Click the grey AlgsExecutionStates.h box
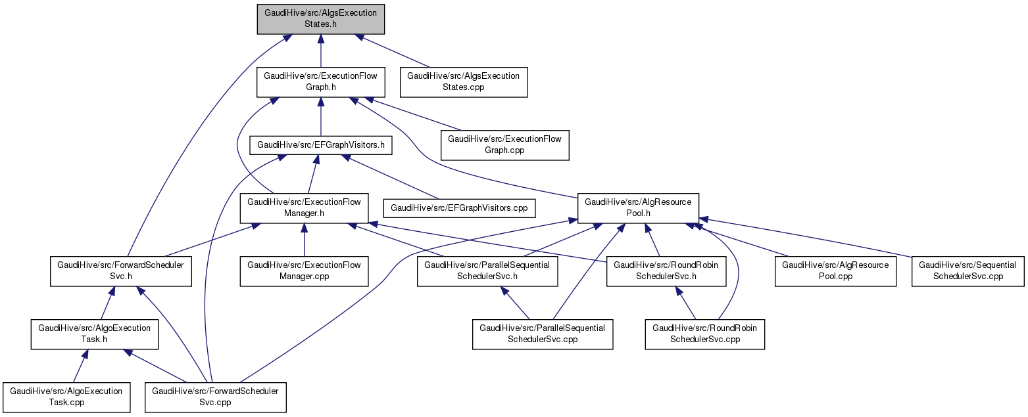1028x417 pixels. coord(320,19)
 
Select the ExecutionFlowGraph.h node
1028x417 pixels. coord(320,81)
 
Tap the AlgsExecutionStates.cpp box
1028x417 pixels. coord(464,81)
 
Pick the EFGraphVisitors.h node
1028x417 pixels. coord(320,144)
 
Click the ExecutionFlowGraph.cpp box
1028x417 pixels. coord(504,144)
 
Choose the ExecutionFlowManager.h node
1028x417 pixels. coord(304,208)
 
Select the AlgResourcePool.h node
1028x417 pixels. coord(638,208)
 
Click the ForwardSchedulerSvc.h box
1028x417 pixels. coord(121,271)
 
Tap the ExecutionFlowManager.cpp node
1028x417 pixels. coord(304,271)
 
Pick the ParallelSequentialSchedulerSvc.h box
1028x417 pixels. coord(487,271)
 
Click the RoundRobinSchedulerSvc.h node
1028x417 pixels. coord(666,271)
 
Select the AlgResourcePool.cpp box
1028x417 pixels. coord(835,271)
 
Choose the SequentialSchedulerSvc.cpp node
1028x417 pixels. coord(967,271)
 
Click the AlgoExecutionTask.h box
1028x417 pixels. coord(95,334)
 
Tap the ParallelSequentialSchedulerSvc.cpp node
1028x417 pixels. coord(543,334)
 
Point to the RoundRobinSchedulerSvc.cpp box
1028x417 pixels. coord(705,334)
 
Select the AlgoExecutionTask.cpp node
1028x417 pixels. coord(66,397)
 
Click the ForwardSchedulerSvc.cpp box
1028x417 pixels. coord(216,397)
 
